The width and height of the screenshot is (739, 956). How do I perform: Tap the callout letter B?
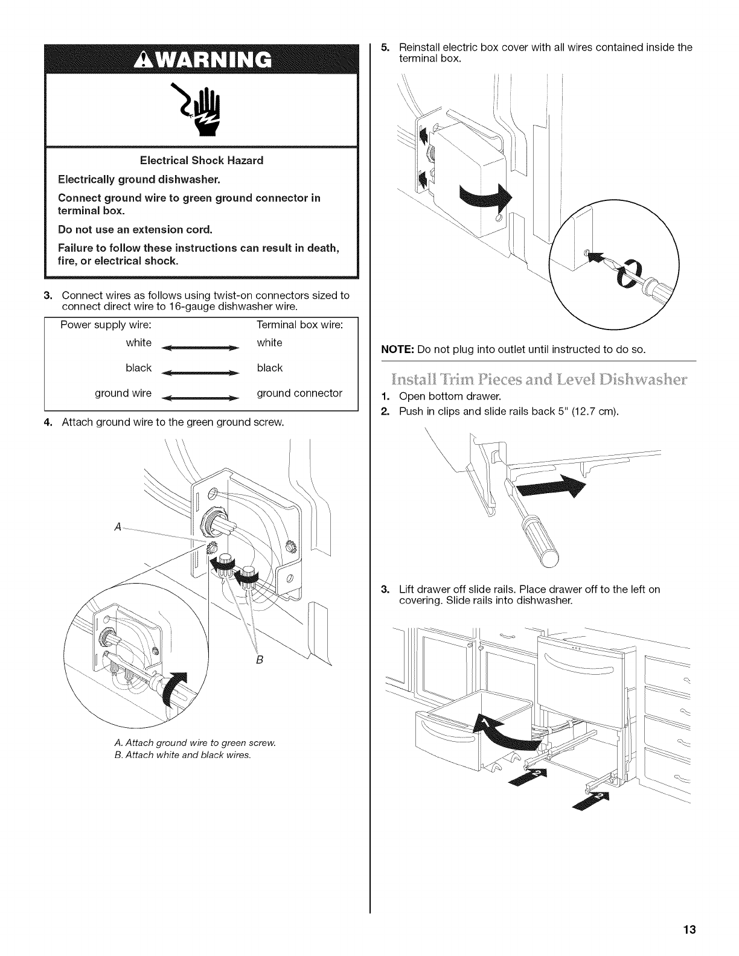(x=258, y=660)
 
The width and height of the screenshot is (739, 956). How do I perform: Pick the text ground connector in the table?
(x=299, y=394)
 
